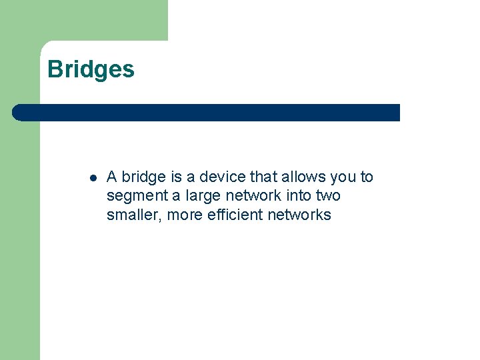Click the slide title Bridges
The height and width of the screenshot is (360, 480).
click(x=91, y=69)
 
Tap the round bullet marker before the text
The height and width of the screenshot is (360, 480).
click(x=93, y=178)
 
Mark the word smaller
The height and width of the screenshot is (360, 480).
click(x=134, y=215)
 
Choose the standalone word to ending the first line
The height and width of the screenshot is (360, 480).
click(x=367, y=177)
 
